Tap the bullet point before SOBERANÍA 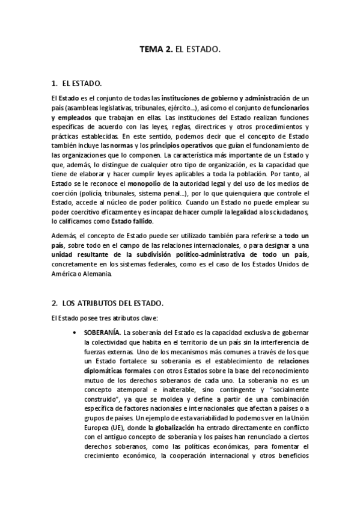[x=73, y=332]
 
